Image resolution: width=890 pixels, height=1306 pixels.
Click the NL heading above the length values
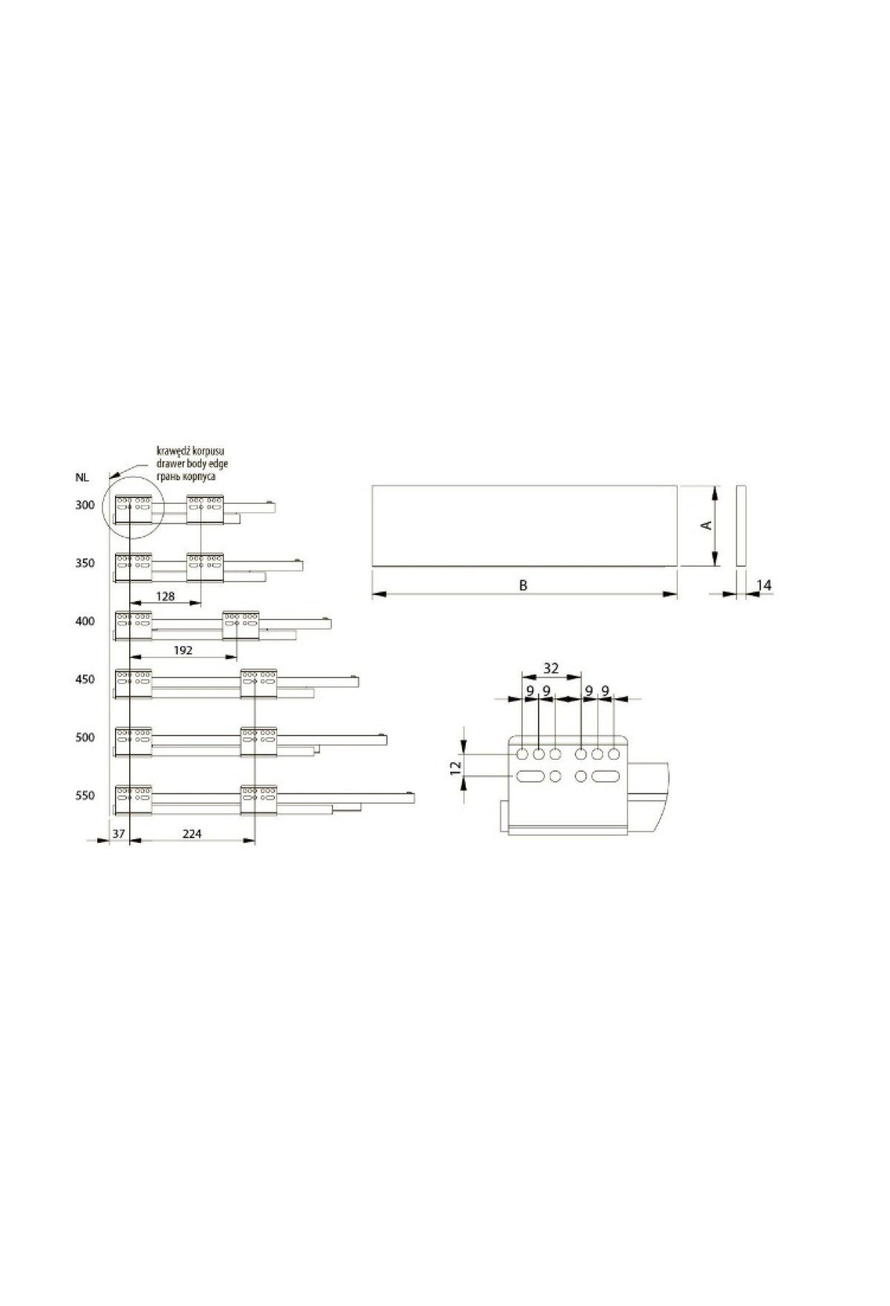click(x=82, y=478)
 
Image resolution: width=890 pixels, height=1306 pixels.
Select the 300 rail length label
click(x=85, y=505)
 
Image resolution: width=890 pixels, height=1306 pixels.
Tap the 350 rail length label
click(x=85, y=563)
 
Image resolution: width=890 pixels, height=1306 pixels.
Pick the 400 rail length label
click(x=85, y=621)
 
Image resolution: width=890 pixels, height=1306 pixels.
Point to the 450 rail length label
click(x=85, y=679)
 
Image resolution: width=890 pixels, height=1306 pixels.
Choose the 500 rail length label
click(x=85, y=738)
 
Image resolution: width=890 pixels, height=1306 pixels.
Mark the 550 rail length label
click(x=85, y=795)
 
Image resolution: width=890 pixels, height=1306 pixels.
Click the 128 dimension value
click(x=165, y=596)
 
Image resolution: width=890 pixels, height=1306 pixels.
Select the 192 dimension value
click(x=182, y=650)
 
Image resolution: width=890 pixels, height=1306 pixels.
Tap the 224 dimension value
click(x=191, y=834)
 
